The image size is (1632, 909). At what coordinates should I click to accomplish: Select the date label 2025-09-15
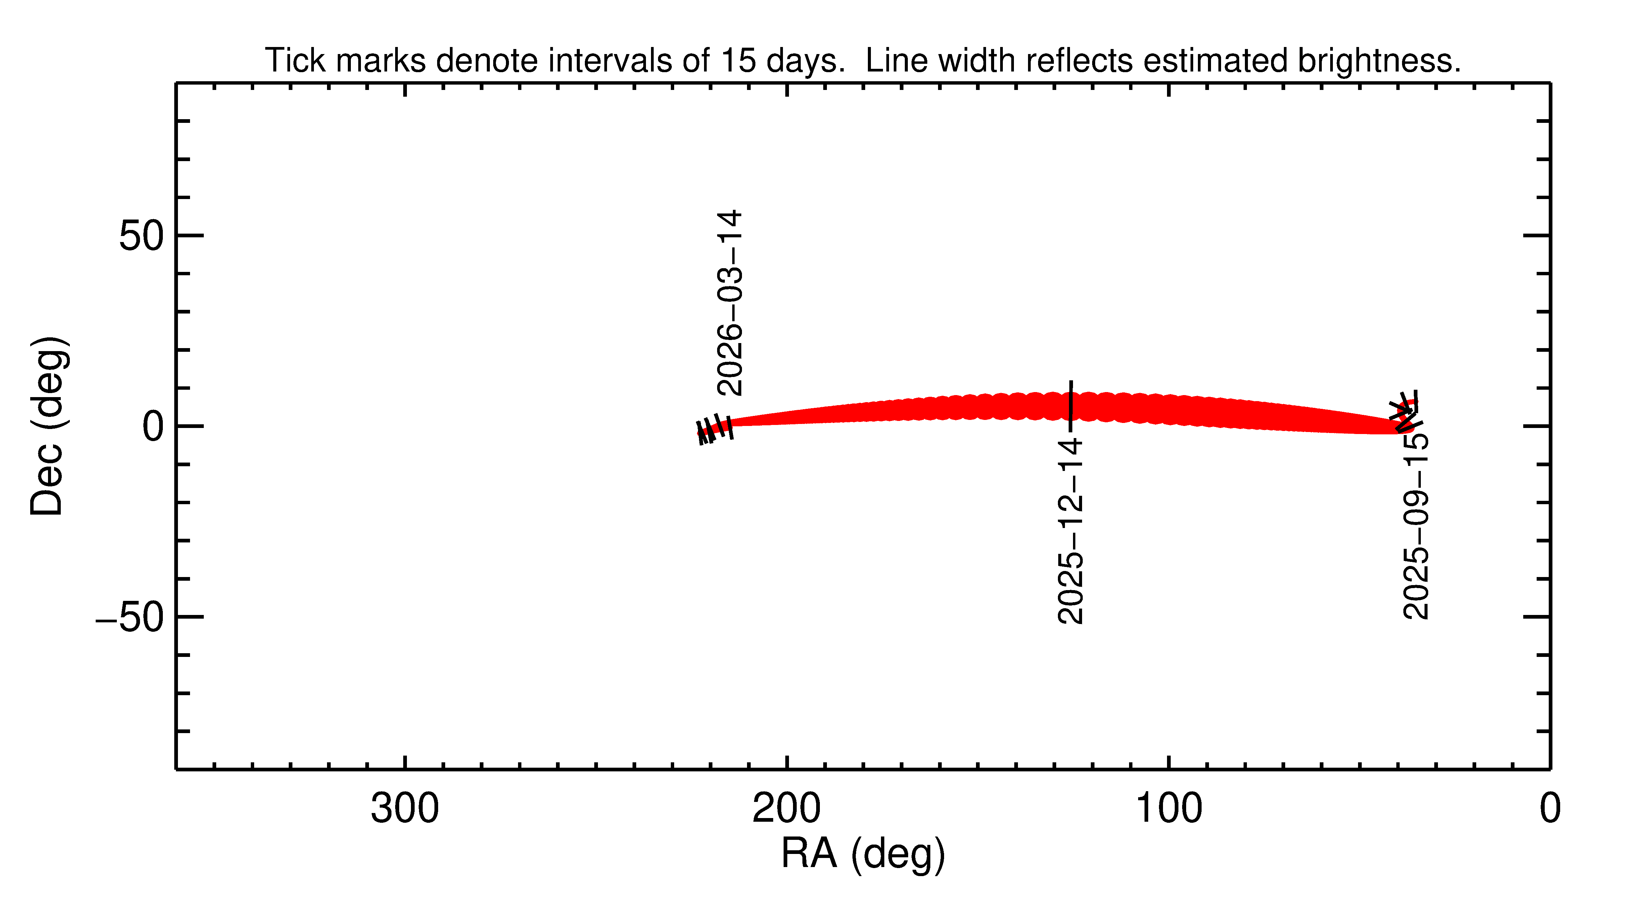pyautogui.click(x=1416, y=526)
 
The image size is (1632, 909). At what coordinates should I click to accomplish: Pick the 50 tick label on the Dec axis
pyautogui.click(x=141, y=236)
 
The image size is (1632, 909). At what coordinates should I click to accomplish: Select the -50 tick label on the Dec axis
pyautogui.click(x=130, y=617)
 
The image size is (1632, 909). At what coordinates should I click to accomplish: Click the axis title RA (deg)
pyautogui.click(x=863, y=854)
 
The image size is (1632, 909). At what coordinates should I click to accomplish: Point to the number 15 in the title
pyautogui.click(x=738, y=61)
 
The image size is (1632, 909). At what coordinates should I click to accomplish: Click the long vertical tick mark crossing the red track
pyautogui.click(x=1071, y=405)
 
